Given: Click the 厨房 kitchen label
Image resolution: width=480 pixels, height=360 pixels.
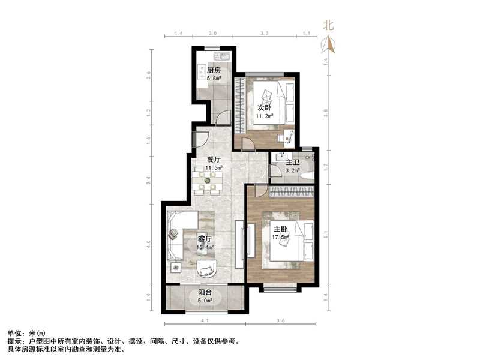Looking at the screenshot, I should click(214, 70).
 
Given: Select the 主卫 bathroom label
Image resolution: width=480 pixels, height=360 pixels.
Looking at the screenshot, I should click(292, 163).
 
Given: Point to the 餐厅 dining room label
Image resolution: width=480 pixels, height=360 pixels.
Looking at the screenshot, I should click(214, 160).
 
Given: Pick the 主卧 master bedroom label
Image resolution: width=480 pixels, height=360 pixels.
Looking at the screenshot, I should click(281, 229).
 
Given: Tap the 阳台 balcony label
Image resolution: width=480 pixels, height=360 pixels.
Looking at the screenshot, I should click(204, 293).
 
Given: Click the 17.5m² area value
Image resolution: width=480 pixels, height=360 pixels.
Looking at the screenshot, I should click(281, 237).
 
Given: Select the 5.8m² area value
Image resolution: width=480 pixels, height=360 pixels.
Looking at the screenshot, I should click(214, 78).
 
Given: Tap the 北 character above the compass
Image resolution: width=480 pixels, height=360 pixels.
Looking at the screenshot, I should click(328, 25).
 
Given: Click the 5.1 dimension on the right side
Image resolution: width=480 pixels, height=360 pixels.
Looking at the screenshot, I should click(326, 235).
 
